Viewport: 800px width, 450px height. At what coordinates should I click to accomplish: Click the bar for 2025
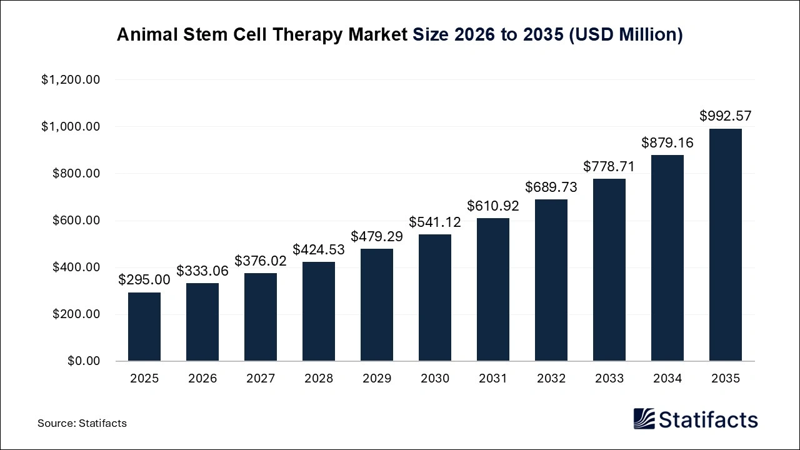click(x=144, y=327)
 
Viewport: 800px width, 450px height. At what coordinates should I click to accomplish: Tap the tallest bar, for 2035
click(x=726, y=245)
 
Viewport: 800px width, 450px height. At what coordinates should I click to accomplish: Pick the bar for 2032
click(x=551, y=281)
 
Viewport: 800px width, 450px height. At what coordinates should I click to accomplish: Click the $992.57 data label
click(x=726, y=116)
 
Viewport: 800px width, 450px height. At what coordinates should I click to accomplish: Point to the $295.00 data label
click(x=144, y=279)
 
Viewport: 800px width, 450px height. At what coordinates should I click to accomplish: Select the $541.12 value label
click(x=435, y=222)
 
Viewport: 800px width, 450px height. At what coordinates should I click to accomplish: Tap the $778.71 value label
click(x=609, y=166)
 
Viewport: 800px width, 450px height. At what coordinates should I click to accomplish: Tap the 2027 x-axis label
click(x=261, y=379)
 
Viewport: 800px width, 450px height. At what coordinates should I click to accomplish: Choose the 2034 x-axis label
click(x=667, y=379)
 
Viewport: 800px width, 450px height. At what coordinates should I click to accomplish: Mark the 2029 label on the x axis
click(x=377, y=379)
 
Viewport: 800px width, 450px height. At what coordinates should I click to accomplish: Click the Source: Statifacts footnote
click(x=82, y=423)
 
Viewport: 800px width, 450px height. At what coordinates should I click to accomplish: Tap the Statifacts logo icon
click(x=644, y=419)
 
